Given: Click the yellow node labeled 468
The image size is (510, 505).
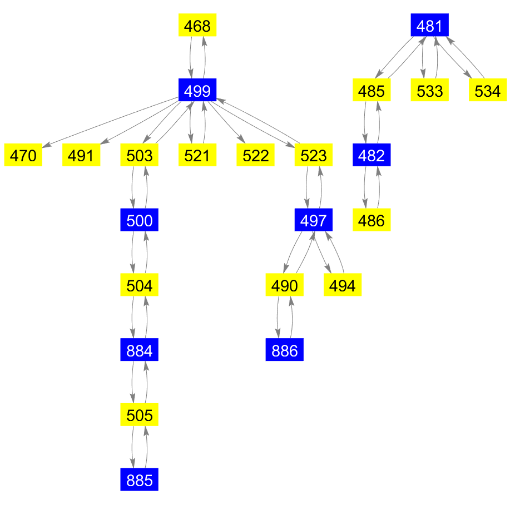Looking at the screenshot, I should point(197,26).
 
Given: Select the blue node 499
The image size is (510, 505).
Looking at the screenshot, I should point(197,90).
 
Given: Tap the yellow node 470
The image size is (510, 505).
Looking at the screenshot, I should point(23,155).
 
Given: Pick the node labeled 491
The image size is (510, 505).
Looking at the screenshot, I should point(81,155).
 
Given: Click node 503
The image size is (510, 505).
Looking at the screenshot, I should point(140,155).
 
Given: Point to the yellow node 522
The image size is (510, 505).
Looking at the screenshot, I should point(255,155).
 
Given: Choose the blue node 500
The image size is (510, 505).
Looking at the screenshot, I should point(140,220).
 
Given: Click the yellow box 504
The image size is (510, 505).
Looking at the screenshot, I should point(140,285).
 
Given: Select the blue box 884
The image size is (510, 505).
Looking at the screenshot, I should point(140,350).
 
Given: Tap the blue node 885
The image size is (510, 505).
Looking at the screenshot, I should point(140,480).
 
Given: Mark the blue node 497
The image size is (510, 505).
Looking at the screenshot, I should point(313,220).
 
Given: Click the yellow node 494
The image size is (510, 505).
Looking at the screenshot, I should point(343,285).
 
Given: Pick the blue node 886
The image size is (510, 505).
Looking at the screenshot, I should point(285,350).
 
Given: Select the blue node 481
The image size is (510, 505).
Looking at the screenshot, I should point(429,26).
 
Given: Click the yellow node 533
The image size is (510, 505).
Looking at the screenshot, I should point(429,90).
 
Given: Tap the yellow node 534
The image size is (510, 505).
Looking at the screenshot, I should point(488,90).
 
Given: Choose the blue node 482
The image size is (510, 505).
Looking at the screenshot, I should point(372,155).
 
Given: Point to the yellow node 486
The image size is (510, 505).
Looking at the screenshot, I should point(372,220).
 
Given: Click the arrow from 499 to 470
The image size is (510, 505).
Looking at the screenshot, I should point(111,122).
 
